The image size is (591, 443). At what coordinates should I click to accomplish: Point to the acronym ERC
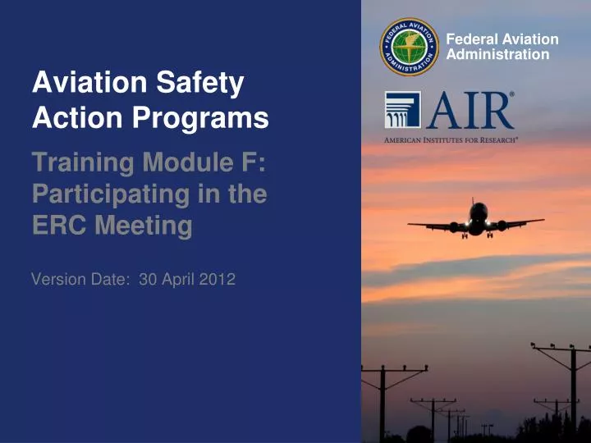(x=59, y=226)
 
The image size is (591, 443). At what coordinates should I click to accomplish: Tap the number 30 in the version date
(x=148, y=279)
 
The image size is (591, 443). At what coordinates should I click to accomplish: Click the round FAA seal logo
(x=410, y=47)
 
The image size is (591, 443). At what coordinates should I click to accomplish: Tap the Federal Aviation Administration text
(x=502, y=47)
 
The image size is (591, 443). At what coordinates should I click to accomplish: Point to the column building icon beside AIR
(x=402, y=110)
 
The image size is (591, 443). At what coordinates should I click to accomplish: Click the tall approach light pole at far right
(x=575, y=394)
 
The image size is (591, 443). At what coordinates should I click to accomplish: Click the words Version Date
(x=79, y=279)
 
